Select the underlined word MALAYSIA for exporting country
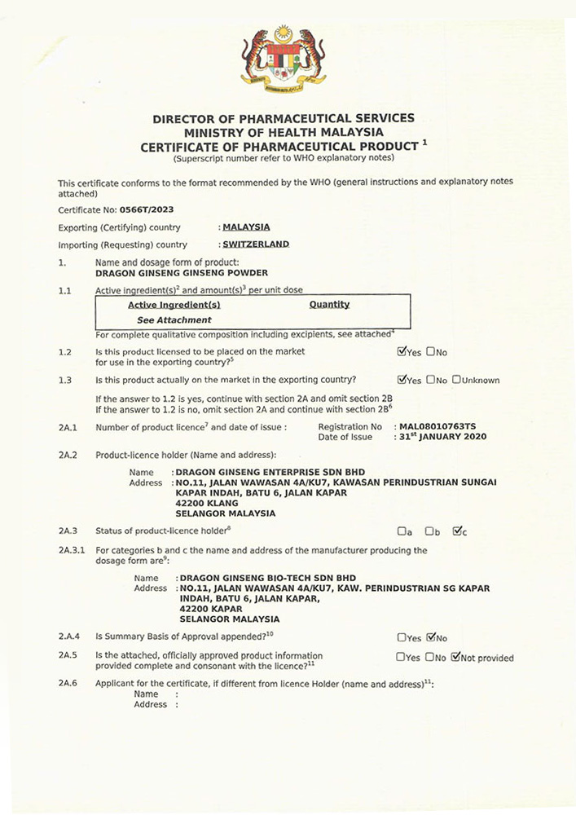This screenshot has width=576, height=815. pyautogui.click(x=246, y=227)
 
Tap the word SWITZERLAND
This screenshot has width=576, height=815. pyautogui.click(x=255, y=244)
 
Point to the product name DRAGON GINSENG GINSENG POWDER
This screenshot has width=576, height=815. pyautogui.click(x=182, y=273)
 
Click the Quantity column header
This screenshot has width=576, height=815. pyautogui.click(x=329, y=305)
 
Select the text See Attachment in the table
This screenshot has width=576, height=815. pyautogui.click(x=174, y=320)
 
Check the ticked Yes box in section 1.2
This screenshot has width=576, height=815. pyautogui.click(x=401, y=352)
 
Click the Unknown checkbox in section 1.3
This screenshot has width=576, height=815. pyautogui.click(x=456, y=380)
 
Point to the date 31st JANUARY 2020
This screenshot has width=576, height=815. pyautogui.click(x=443, y=437)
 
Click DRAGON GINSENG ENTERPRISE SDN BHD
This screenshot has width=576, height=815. pyautogui.click(x=270, y=472)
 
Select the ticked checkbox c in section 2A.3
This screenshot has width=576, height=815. pyautogui.click(x=456, y=532)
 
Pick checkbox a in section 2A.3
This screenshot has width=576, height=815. pyautogui.click(x=401, y=532)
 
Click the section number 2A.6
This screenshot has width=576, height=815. pyautogui.click(x=68, y=683)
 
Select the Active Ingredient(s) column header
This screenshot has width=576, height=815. pyautogui.click(x=174, y=305)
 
